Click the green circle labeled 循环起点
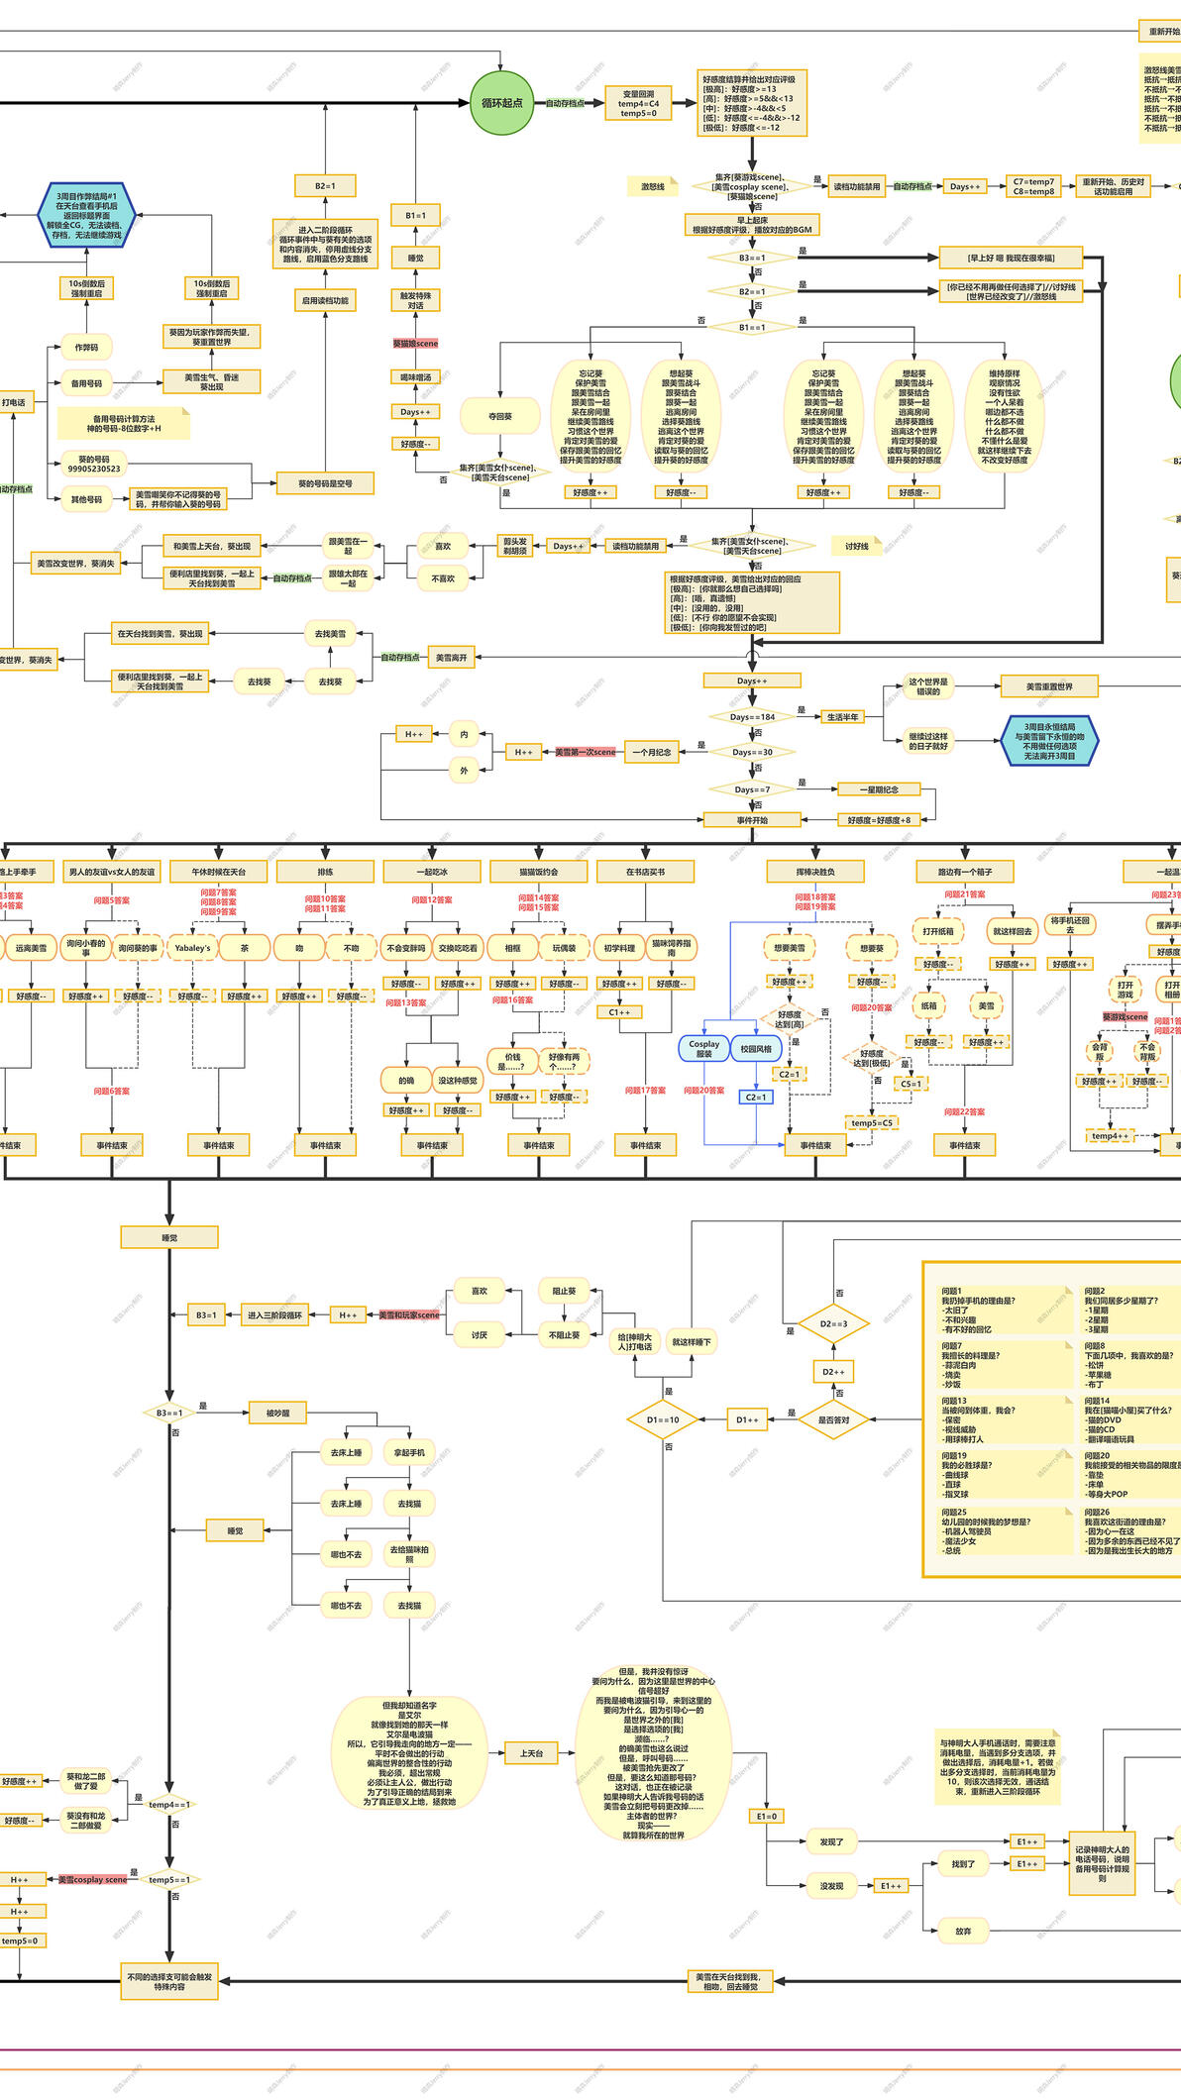[502, 103]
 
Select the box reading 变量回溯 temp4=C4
[638, 104]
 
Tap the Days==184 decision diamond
[752, 717]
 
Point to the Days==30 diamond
[752, 752]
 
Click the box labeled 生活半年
[842, 717]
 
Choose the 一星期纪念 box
[878, 789]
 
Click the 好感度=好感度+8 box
[879, 819]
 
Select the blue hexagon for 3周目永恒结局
[1049, 741]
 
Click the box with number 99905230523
[94, 464]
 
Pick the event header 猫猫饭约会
[539, 872]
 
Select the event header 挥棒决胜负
[815, 872]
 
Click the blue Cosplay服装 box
[703, 1048]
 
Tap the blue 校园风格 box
[756, 1048]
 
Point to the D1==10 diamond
[663, 1419]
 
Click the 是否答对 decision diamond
[833, 1419]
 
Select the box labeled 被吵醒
[277, 1413]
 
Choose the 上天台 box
[531, 1753]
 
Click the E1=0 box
[767, 1816]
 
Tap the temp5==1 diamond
[169, 1879]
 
